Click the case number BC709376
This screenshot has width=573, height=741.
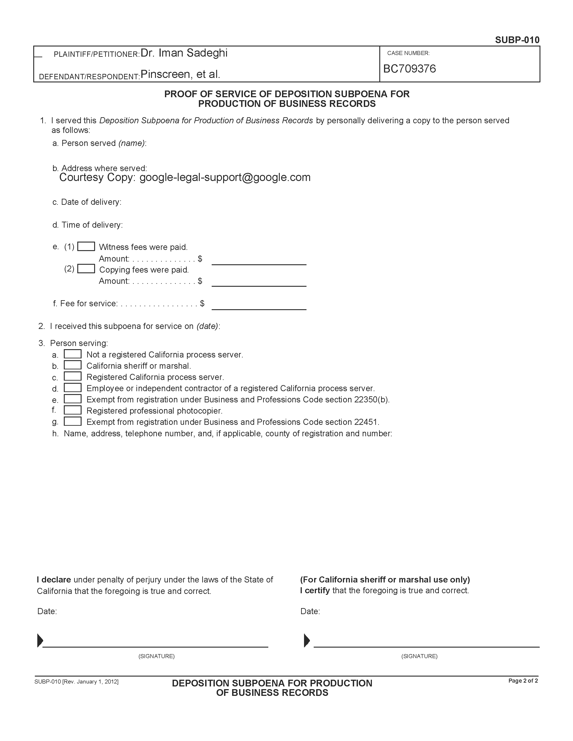coord(409,69)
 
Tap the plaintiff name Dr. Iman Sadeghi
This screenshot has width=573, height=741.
coord(184,53)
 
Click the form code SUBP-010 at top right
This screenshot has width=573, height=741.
coord(517,40)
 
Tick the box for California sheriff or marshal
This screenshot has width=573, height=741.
coord(73,365)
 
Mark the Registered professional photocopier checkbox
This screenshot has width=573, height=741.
coord(73,410)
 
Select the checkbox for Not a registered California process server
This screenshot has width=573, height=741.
coord(73,354)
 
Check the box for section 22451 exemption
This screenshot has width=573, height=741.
coord(73,421)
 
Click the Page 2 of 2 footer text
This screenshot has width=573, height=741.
coord(523,681)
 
